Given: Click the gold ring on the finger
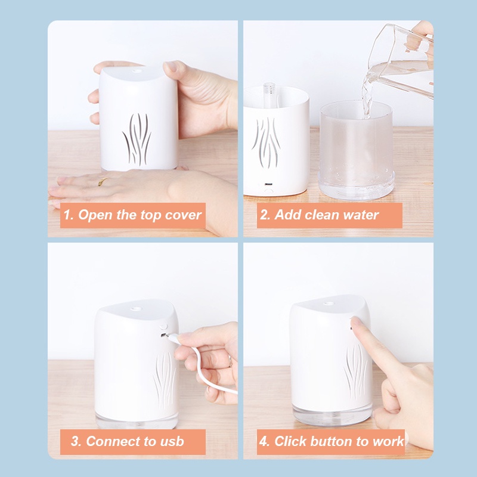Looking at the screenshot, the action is point(102,182).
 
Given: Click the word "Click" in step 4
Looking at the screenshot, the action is point(290,441).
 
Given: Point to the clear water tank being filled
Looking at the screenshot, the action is point(356,150).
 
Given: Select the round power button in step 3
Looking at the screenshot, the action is point(163,327).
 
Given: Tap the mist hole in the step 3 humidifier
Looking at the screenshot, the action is point(136,309).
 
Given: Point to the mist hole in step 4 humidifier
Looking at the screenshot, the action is point(329,303).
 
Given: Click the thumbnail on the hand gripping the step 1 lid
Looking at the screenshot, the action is point(171,67).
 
